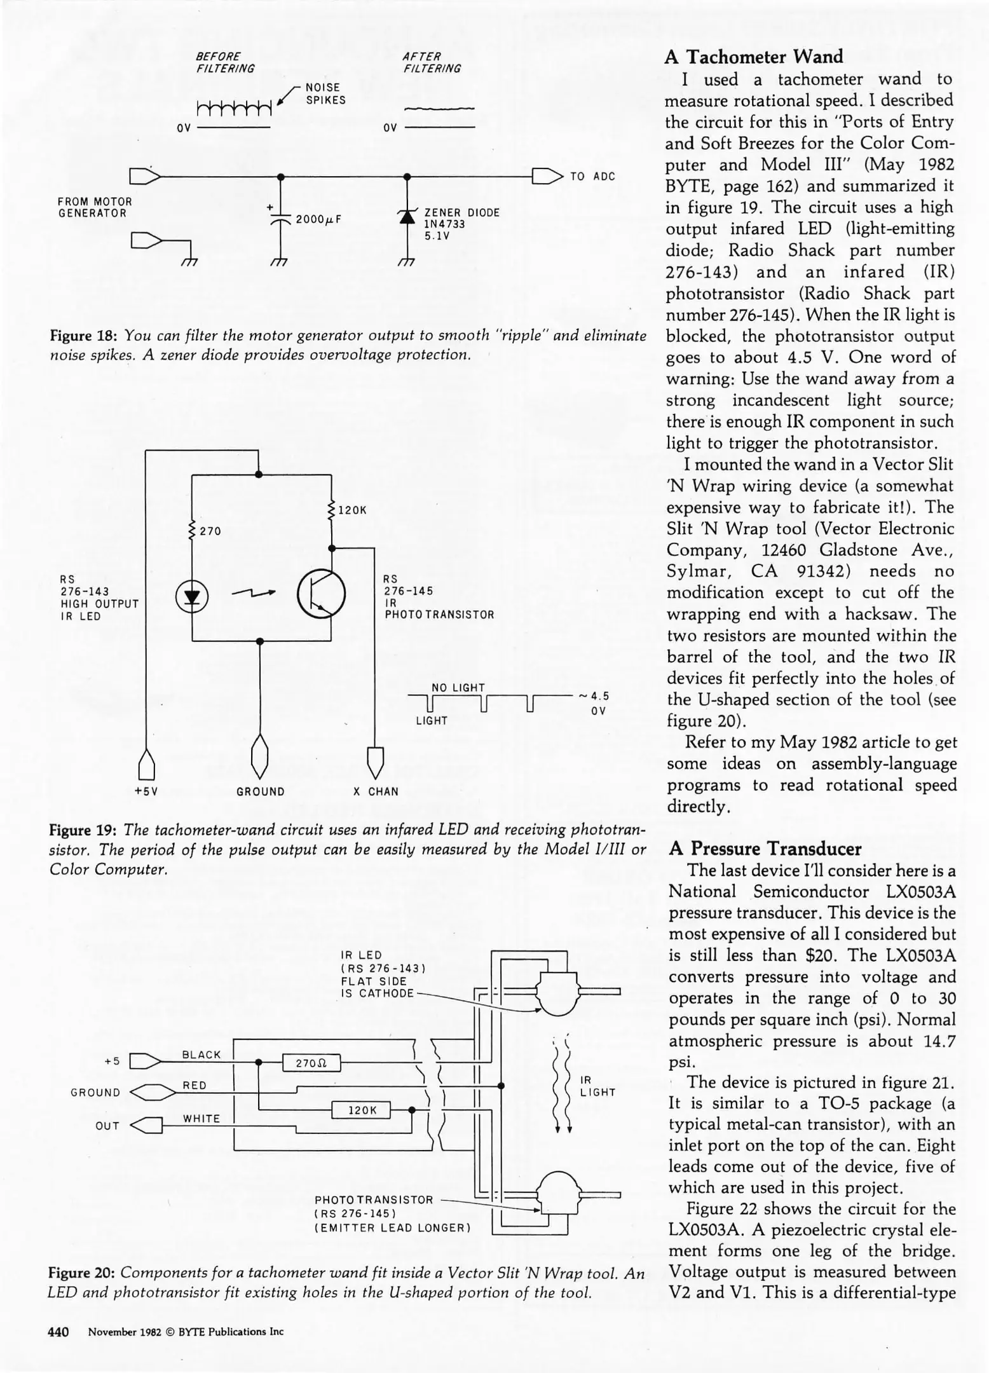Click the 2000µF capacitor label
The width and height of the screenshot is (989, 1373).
pos(318,219)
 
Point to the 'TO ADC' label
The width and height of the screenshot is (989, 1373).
pos(592,177)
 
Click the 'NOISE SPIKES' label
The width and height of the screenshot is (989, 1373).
pos(325,94)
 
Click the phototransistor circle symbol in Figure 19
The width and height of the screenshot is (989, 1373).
pos(322,594)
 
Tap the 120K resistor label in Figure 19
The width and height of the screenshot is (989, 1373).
pos(352,510)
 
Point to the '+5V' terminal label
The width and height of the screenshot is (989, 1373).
pos(146,791)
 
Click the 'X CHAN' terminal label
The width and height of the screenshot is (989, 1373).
pos(376,791)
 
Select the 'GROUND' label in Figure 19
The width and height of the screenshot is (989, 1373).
pos(261,791)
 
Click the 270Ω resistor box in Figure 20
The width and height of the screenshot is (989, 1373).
pos(311,1063)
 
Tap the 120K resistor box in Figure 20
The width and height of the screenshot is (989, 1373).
pos(361,1110)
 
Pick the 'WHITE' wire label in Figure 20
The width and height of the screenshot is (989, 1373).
pos(201,1119)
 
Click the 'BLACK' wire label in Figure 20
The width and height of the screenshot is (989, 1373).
pos(201,1055)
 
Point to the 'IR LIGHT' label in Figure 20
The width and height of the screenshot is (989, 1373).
pos(597,1086)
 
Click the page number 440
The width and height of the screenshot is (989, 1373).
pos(58,1332)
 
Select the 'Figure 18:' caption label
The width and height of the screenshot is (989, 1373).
pos(84,335)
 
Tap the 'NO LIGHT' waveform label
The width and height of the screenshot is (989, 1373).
pos(458,688)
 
